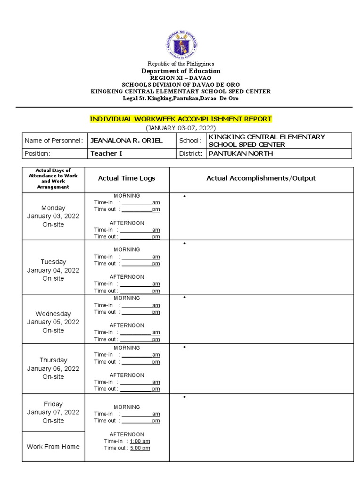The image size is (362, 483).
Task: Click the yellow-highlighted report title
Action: point(181,119)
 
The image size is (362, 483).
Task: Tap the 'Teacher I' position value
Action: point(106,153)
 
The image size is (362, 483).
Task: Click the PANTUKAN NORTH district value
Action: point(240,153)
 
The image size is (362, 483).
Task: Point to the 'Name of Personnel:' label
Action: point(53,141)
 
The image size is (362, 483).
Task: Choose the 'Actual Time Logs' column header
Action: point(126,178)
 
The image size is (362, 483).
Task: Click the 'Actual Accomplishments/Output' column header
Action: point(261,178)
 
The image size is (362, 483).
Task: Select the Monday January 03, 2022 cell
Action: point(53,216)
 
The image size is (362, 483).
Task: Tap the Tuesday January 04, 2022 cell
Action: point(53,270)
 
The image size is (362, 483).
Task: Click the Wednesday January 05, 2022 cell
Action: point(53,322)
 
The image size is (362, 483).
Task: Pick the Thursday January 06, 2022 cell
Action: point(53,368)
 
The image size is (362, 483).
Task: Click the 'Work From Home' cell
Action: point(53,446)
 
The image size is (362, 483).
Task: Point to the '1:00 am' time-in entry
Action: point(140,441)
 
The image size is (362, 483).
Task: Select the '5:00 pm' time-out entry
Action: point(140,448)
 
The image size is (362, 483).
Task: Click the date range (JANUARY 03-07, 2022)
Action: point(181,127)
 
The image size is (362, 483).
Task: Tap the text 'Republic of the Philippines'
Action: point(181,64)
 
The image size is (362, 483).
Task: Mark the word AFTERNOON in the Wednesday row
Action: point(127,325)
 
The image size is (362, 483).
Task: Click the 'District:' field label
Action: point(191,153)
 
